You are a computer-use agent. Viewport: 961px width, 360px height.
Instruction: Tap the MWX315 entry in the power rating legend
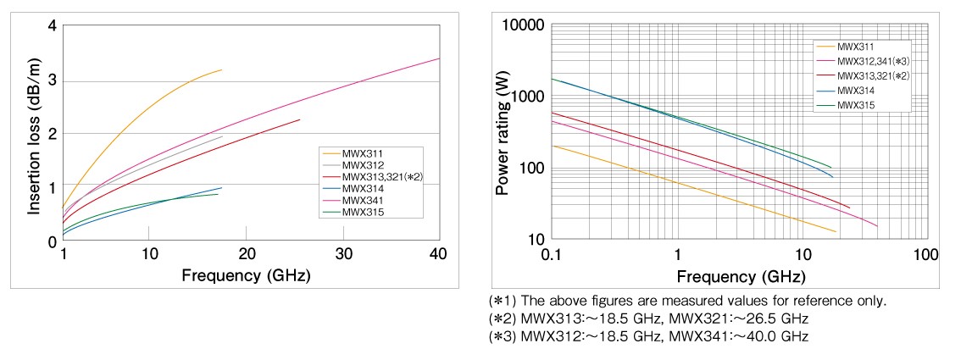tap(855, 104)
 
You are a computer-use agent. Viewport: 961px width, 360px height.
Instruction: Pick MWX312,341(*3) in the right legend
tap(873, 60)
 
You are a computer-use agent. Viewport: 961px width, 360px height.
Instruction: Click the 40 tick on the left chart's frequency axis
tap(438, 255)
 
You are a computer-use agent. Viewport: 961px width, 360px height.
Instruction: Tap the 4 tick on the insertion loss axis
tap(52, 26)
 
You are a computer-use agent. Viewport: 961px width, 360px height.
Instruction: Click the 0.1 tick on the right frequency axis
tap(551, 254)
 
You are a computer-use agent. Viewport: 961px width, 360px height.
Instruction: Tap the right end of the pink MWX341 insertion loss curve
tap(439, 58)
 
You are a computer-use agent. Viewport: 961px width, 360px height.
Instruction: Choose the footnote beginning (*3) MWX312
tap(648, 336)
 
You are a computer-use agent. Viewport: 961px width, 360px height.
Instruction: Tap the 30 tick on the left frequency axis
tap(342, 255)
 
